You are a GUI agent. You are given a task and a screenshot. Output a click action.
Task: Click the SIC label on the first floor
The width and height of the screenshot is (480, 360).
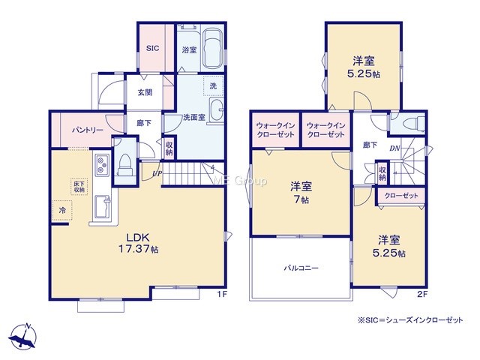152,48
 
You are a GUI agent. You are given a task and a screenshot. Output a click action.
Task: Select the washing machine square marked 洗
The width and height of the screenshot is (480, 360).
213,86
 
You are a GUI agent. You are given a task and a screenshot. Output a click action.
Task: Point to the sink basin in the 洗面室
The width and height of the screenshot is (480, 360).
217,110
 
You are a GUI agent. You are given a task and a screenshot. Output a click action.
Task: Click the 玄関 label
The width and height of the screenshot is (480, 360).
145,92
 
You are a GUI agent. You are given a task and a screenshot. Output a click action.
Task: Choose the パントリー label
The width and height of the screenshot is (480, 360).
88,130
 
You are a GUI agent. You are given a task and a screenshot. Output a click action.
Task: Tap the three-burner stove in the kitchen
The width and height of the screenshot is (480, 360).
102,165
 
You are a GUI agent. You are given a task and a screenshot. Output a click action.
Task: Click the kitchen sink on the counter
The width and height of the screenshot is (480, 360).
103,206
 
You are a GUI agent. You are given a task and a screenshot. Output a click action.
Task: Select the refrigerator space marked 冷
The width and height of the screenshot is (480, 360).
62,210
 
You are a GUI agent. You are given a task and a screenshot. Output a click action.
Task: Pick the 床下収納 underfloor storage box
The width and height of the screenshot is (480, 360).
79,187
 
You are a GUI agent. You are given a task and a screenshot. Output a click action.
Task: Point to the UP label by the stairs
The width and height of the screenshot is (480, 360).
157,173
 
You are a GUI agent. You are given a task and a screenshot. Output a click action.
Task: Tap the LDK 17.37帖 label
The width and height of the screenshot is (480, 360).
138,243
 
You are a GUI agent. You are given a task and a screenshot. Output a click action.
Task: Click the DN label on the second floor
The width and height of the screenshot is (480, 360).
395,148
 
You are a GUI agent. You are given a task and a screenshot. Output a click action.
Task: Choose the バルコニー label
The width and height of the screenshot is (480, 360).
301,268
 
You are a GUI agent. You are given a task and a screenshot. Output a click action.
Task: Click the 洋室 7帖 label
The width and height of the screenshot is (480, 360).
301,193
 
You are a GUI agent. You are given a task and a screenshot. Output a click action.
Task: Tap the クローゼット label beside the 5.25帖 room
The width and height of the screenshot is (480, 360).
401,196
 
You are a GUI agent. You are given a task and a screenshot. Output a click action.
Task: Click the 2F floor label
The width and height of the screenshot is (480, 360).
422,295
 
